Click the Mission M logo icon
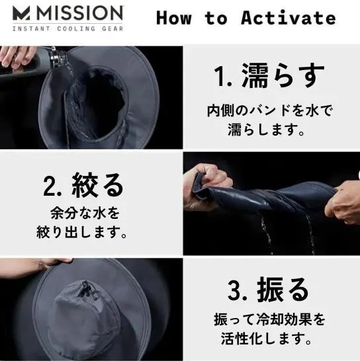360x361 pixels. pos(21,13)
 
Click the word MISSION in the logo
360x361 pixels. pos(80,13)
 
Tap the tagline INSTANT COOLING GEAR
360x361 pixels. pos(67,29)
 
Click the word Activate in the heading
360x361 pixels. pos(288,18)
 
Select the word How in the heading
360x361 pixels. pos(174,18)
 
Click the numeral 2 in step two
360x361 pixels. pos(50,185)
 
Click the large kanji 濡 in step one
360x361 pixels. pos(255,75)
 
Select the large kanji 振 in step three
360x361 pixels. pos(270,290)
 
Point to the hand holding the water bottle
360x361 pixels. pos(17,57)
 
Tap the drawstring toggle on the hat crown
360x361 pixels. pos(85,288)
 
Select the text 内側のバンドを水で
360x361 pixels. pos(270,111)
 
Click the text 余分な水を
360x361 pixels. pos(85,213)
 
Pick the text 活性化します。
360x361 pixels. pos(267,338)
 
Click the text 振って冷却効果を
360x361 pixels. pos(270,319)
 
